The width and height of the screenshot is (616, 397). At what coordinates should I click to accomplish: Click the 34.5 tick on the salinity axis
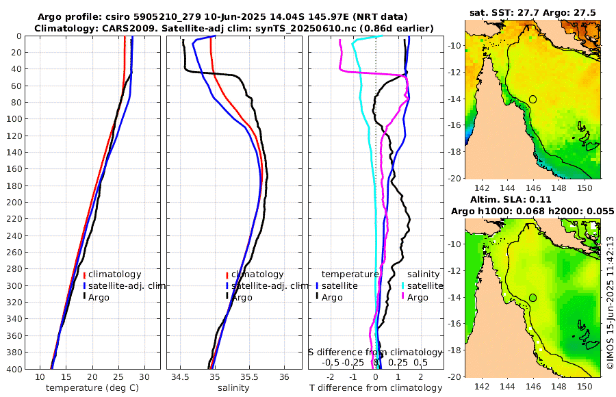point(180,377)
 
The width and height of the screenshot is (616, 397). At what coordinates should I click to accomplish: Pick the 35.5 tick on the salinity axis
point(250,377)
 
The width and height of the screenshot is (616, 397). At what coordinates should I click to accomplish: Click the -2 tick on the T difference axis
point(331,377)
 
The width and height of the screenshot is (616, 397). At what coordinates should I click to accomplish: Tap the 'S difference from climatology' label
point(376,352)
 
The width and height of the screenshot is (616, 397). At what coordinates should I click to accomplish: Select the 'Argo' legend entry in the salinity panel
point(241,297)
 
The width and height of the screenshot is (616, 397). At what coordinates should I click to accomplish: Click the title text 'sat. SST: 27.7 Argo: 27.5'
point(533,12)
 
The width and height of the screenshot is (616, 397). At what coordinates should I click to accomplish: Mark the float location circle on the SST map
point(532,99)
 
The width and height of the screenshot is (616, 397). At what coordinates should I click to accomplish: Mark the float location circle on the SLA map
point(532,298)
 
